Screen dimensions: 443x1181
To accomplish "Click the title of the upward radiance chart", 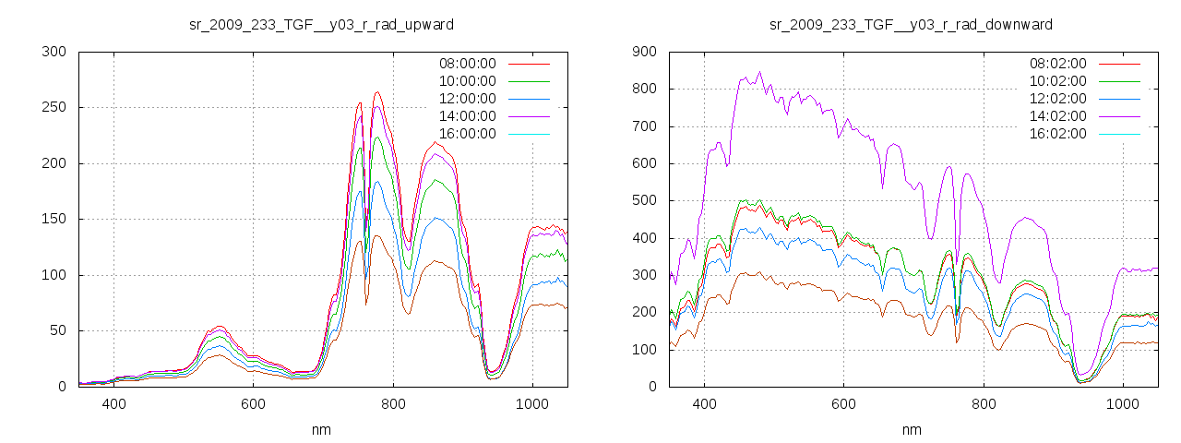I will (320, 23).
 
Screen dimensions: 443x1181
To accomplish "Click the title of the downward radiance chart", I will (911, 23).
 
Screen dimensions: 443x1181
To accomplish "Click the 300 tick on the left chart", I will (54, 52).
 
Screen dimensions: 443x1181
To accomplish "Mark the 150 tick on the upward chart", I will (54, 220).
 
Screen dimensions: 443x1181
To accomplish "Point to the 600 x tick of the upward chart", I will (254, 404).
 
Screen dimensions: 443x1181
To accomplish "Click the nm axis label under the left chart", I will (320, 429).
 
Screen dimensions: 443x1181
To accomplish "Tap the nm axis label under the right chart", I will (911, 429).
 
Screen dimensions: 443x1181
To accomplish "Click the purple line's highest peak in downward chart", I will (760, 72).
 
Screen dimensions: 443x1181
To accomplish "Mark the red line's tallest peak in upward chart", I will (377, 92).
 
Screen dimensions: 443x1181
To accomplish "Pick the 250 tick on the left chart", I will (54, 108).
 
